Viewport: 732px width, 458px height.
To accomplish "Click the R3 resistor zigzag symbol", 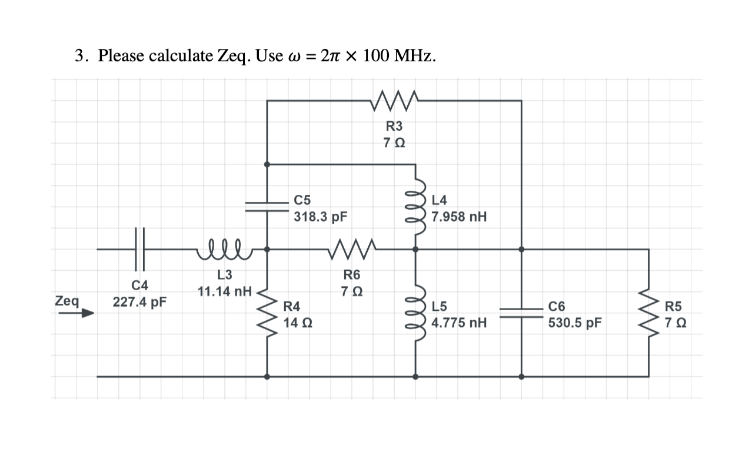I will coord(395,100).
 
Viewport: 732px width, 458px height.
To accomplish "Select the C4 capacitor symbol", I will coord(140,249).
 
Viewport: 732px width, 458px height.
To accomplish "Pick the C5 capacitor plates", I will coord(267,203).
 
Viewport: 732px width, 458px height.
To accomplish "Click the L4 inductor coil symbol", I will coord(415,207).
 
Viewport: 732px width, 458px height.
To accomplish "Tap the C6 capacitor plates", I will coord(521,312).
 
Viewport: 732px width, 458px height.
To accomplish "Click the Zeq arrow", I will coord(75,314).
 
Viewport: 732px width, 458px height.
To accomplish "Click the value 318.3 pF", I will coord(320,216).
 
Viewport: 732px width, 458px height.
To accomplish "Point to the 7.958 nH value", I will coord(459,216).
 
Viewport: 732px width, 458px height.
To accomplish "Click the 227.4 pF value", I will coord(139,303).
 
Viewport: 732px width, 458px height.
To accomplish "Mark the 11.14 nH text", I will coord(224,291).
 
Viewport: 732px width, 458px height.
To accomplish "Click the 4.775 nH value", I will coord(459,323).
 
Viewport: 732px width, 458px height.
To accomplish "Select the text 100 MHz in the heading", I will coord(400,56).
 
